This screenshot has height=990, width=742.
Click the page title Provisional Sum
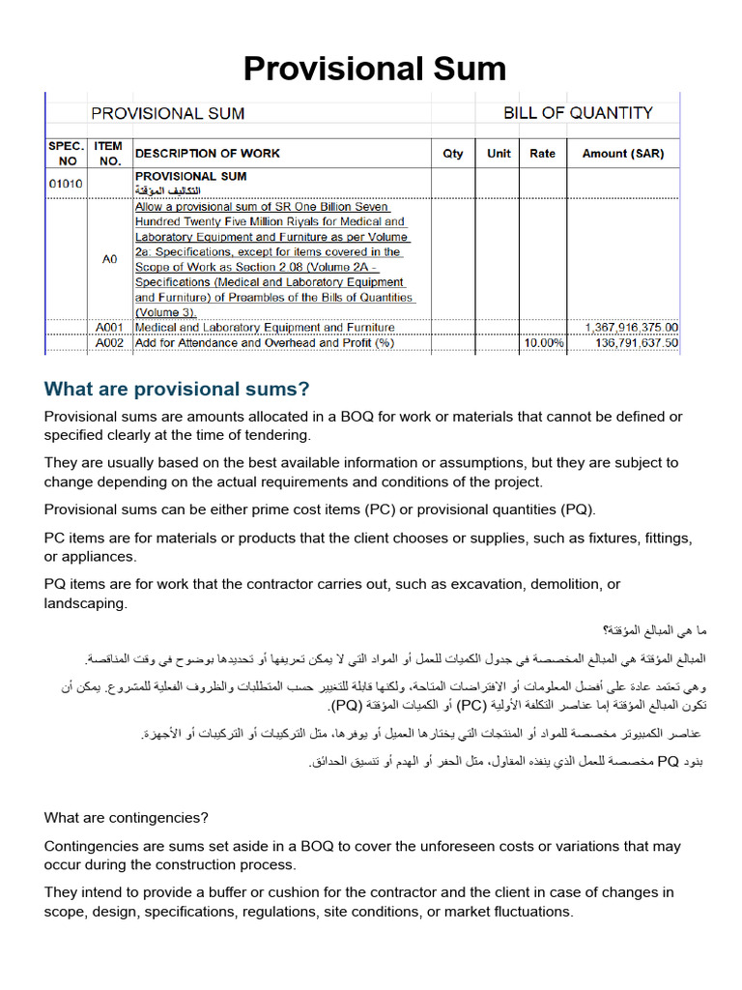(374, 69)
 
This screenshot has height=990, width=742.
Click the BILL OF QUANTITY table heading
(578, 113)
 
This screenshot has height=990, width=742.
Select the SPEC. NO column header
(67, 153)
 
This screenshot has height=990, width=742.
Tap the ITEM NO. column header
(109, 153)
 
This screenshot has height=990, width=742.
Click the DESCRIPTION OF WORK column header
(208, 153)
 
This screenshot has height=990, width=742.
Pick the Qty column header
(452, 153)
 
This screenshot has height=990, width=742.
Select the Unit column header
(499, 153)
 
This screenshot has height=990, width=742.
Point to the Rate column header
(542, 153)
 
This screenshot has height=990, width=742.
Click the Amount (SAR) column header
(623, 153)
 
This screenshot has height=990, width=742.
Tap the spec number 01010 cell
(66, 182)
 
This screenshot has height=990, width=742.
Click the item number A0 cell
(109, 259)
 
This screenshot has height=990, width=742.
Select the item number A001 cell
(110, 328)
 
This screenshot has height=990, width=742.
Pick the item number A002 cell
(110, 342)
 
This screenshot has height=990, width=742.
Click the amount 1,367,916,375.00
(631, 328)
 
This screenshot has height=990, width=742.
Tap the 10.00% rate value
(544, 342)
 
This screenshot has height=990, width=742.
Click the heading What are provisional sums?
(177, 389)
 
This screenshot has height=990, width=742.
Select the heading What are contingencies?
(127, 818)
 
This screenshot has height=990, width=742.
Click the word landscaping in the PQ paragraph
(86, 603)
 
